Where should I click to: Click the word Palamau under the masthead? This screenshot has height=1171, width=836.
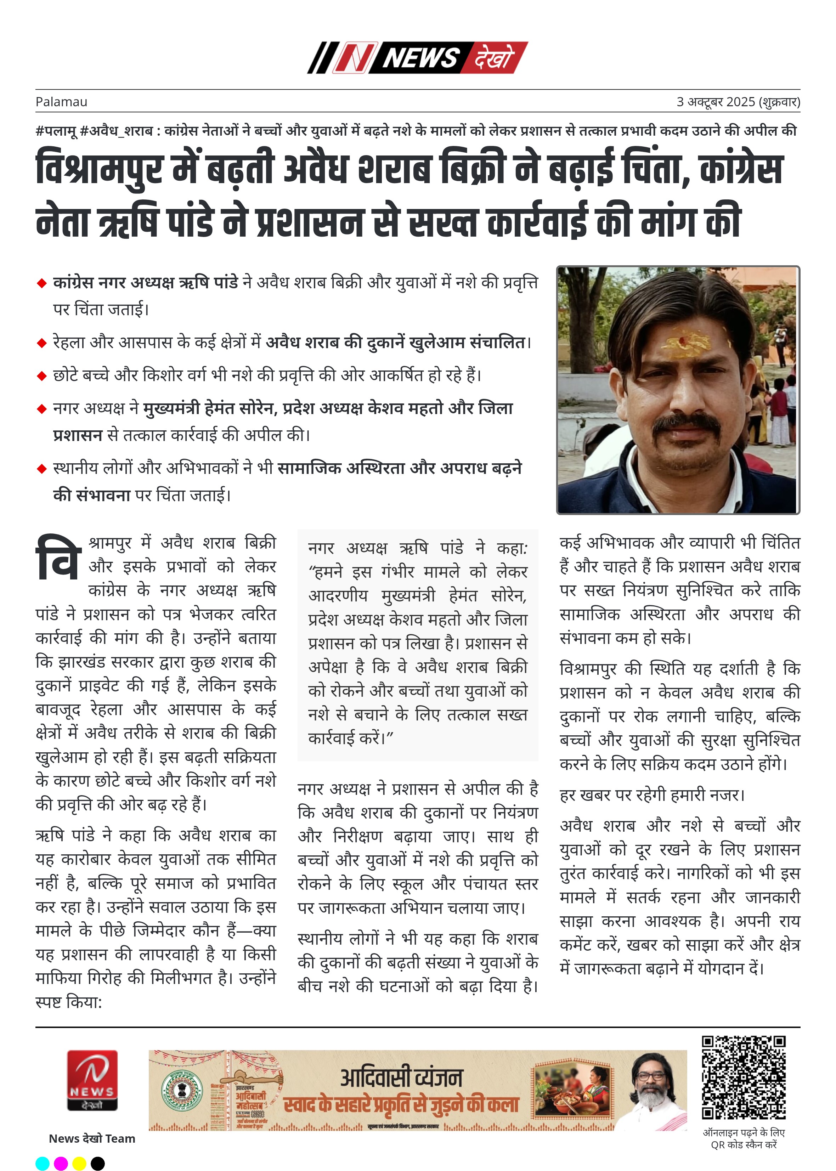click(61, 102)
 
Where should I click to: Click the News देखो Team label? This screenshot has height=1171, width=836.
click(92, 1138)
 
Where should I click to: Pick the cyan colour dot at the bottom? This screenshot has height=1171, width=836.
click(43, 1163)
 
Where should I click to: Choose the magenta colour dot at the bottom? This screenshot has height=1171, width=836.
click(61, 1163)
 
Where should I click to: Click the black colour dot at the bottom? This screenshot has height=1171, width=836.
click(98, 1163)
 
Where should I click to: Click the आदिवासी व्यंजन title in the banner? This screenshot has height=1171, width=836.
click(401, 1078)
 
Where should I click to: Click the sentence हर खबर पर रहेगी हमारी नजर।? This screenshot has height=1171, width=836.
click(652, 795)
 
